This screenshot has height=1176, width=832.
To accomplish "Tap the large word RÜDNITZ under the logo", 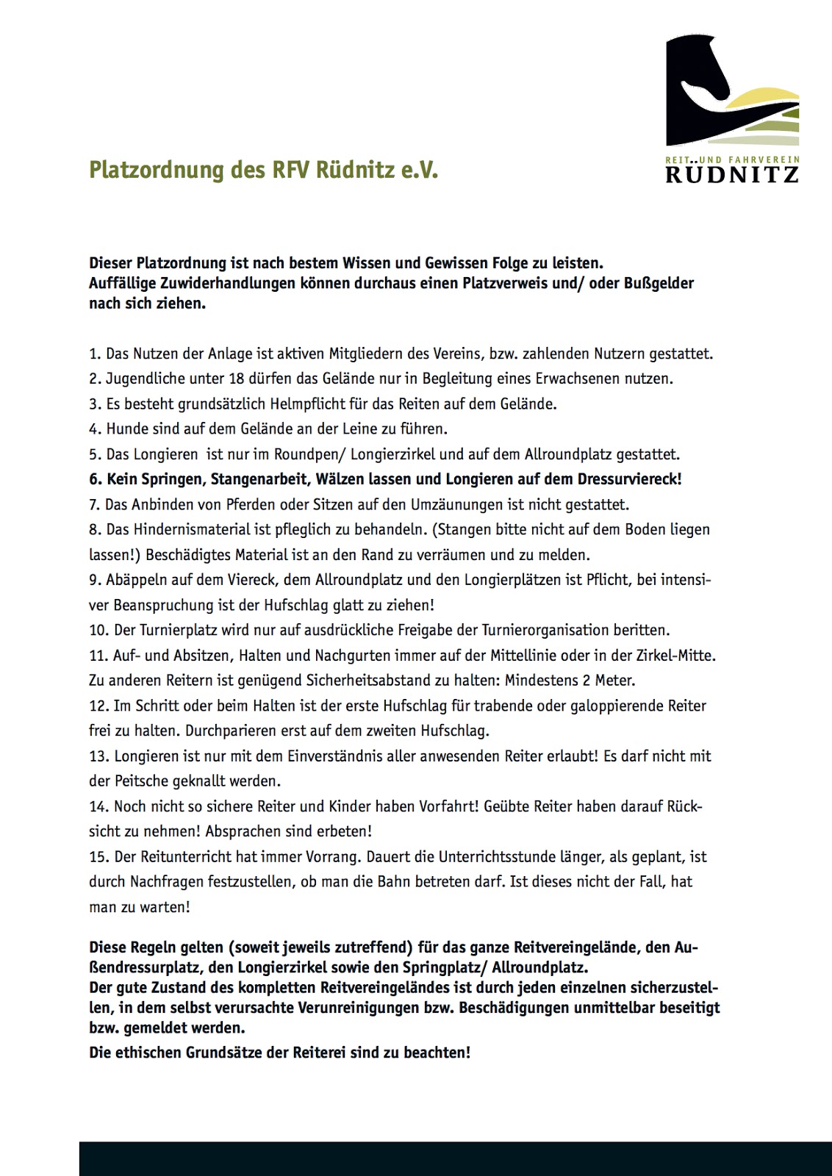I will (x=731, y=174).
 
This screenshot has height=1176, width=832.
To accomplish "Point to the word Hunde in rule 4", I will (x=126, y=429).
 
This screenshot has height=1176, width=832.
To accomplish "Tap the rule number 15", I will (x=98, y=857).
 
